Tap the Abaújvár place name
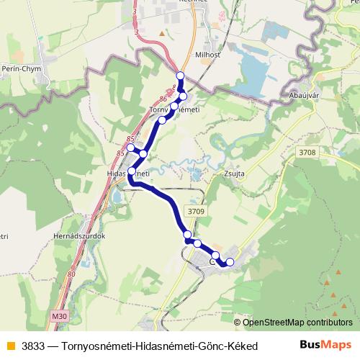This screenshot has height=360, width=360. [x=301, y=94]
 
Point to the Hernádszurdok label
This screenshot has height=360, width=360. [x=80, y=235]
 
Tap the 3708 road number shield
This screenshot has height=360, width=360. [x=308, y=152]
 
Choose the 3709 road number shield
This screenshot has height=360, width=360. [x=196, y=211]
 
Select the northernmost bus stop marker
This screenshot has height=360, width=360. [x=180, y=76]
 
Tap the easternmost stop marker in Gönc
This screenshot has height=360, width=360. [x=230, y=261]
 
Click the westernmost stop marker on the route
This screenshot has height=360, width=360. [x=130, y=148]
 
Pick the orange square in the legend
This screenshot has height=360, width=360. [x=9, y=346]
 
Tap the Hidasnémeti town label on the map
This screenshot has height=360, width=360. [x=127, y=174]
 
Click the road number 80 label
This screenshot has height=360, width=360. [x=71, y=274]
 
